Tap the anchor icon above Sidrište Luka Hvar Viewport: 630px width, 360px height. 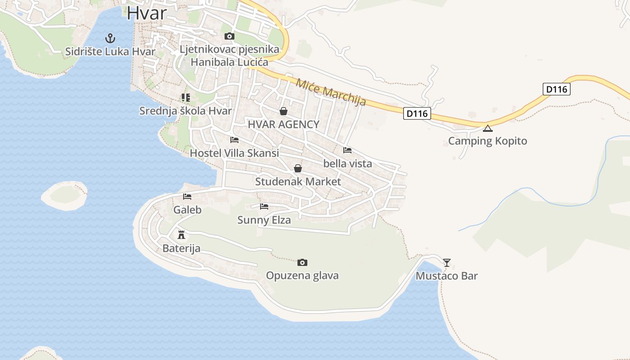tap(110, 38)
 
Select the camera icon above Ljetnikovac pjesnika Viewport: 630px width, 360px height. tap(229, 36)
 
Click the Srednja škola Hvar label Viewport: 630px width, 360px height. tap(185, 111)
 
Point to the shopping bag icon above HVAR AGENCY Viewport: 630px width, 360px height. tap(283, 111)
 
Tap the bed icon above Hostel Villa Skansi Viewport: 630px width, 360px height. tap(234, 139)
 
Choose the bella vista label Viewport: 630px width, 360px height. tap(347, 163)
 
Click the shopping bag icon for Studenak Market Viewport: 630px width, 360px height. tap(297, 168)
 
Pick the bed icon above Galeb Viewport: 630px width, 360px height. tap(187, 196)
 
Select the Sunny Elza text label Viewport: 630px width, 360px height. tap(264, 220)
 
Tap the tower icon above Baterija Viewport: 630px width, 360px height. tap(181, 234)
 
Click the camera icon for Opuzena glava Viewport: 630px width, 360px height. tap(302, 262)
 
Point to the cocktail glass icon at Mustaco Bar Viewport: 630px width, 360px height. tap(446, 262)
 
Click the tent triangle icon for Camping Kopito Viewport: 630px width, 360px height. tap(487, 128)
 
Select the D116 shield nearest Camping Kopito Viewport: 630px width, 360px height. tap(417, 113)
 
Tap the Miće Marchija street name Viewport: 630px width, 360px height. tap(331, 92)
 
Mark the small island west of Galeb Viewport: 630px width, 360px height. tap(64, 195)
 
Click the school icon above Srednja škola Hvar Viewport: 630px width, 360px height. tap(185, 97)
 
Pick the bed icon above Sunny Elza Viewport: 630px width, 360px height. tap(264, 207)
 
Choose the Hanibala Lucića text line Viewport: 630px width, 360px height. tap(229, 62)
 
